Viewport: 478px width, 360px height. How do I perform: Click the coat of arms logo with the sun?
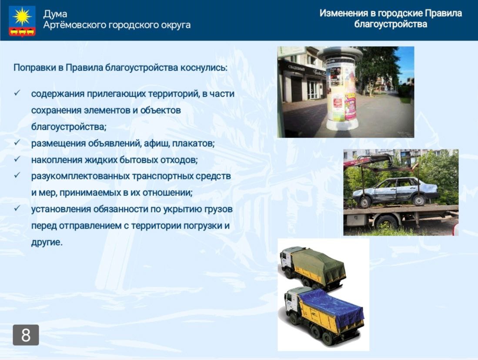click(22, 21)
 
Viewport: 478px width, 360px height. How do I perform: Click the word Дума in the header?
click(55, 14)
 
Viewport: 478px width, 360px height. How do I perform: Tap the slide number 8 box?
click(26, 335)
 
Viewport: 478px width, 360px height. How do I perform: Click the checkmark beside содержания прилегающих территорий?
click(17, 93)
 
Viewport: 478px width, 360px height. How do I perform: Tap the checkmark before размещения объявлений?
click(17, 142)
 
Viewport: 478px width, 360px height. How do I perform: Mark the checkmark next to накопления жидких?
click(17, 158)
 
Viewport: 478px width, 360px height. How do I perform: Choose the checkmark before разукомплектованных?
click(17, 175)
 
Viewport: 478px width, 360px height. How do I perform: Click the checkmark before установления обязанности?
click(17, 208)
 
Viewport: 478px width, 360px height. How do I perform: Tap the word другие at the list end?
click(47, 242)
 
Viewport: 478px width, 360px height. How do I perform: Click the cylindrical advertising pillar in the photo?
click(340, 89)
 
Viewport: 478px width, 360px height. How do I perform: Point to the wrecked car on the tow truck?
click(395, 192)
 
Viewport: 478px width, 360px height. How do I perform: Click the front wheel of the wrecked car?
click(365, 202)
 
